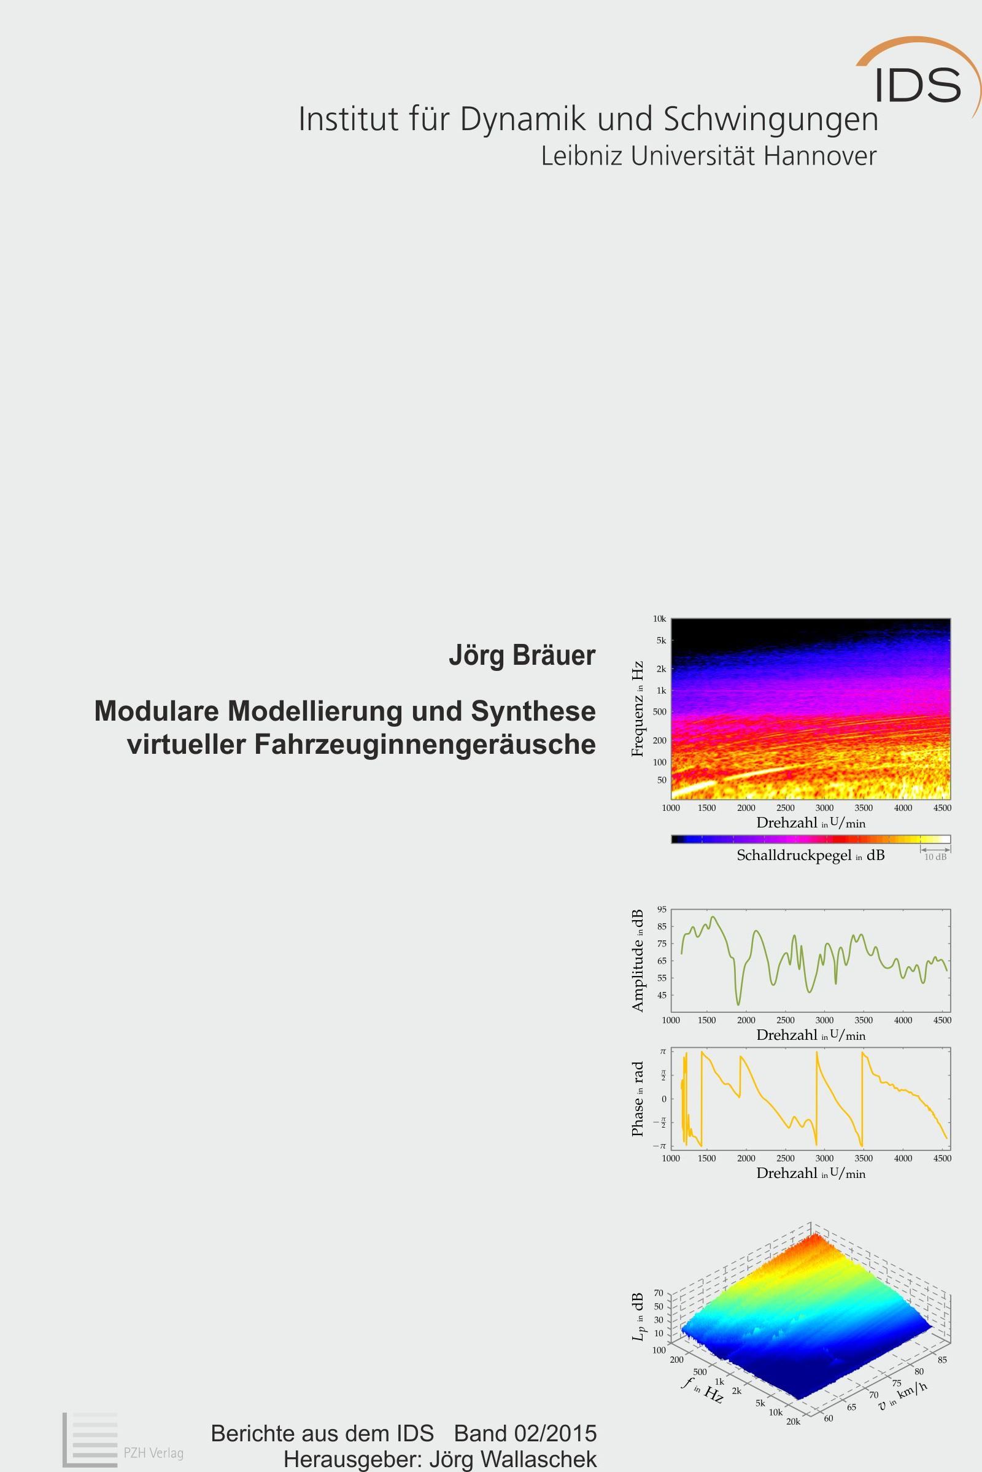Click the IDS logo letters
[917, 85]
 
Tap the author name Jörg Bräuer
[522, 655]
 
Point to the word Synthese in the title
[533, 711]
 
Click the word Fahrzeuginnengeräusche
[425, 745]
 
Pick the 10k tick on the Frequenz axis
[659, 619]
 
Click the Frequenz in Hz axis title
[638, 709]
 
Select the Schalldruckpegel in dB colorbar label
[810, 855]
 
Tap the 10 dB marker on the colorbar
[935, 857]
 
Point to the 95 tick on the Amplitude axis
[662, 910]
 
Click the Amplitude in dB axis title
[638, 960]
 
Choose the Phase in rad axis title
[638, 1099]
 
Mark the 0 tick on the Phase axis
[664, 1099]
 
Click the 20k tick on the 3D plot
[794, 1404]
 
